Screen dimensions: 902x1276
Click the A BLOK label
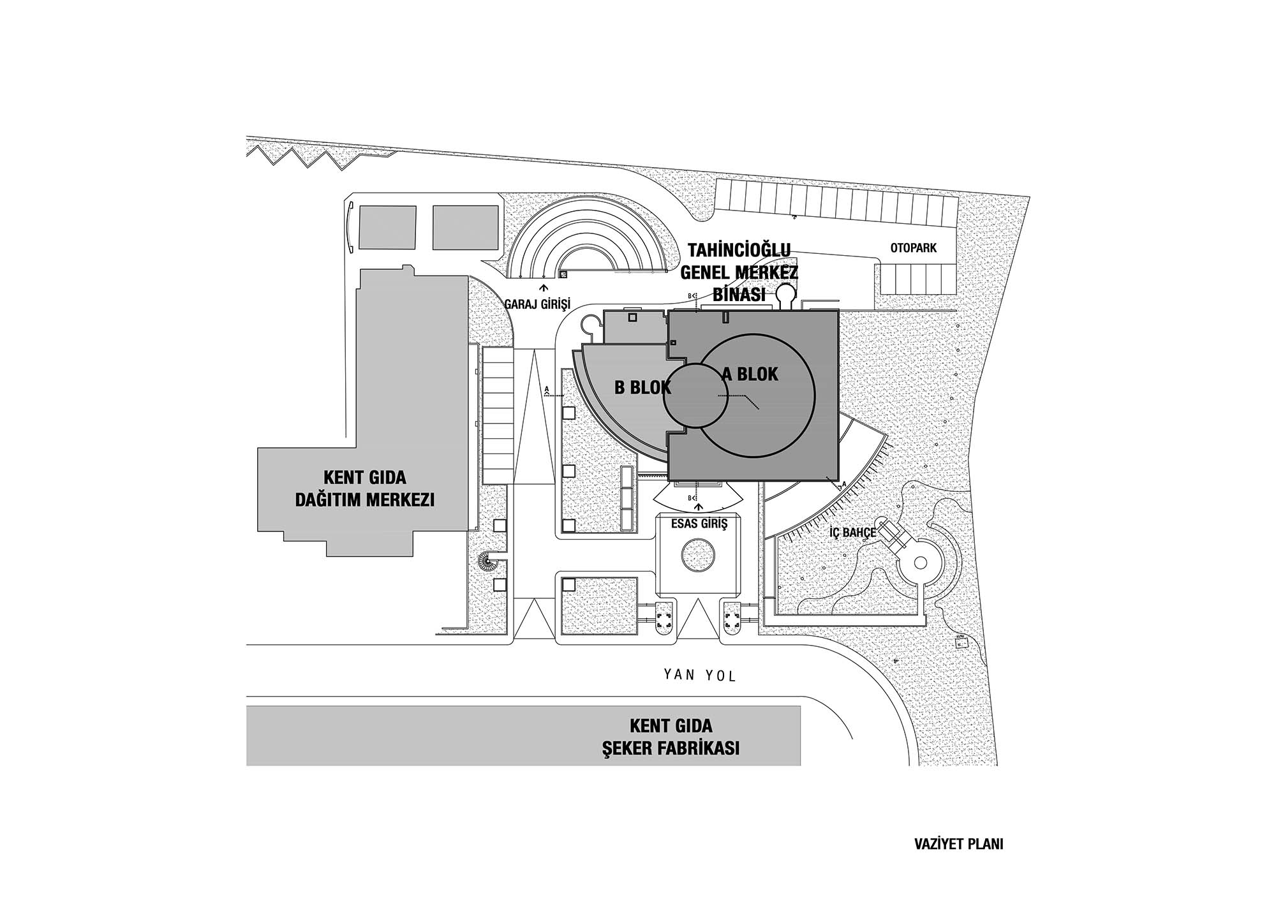[x=750, y=374]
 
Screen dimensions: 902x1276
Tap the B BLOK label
[x=642, y=387]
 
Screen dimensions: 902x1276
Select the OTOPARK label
[x=914, y=248]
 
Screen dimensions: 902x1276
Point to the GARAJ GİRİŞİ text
[x=537, y=304]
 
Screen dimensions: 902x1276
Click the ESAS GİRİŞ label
[x=699, y=524]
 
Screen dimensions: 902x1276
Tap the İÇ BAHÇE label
[x=850, y=532]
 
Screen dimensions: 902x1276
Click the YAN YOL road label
[x=699, y=674]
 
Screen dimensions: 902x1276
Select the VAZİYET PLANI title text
[x=958, y=844]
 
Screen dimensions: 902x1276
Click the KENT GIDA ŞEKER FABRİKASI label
[x=671, y=737]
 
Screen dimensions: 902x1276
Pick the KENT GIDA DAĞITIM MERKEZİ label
[x=365, y=488]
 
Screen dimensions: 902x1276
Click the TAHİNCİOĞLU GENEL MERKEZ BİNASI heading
[x=739, y=272]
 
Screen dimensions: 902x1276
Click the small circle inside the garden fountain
[x=920, y=563]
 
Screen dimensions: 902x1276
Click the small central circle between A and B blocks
[x=695, y=396]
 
